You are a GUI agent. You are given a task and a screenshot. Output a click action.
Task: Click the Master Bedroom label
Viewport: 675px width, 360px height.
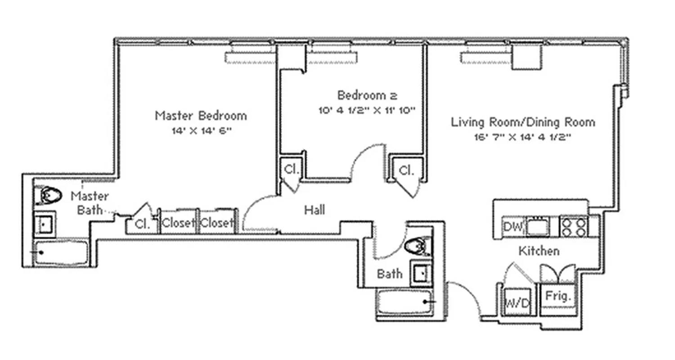point(201,116)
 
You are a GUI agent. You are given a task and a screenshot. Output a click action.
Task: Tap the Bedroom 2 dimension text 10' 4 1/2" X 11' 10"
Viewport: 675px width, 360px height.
point(367,110)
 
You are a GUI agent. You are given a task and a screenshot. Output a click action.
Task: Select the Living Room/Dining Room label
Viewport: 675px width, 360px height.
point(523,122)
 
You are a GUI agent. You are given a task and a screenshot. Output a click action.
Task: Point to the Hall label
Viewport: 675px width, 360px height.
point(315,210)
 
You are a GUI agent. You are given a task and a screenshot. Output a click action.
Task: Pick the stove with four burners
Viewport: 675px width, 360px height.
point(573,226)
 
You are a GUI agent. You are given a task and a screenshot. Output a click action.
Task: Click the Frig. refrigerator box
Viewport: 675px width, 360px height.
point(558,296)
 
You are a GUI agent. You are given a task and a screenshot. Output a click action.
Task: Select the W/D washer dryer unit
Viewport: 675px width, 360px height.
point(517,303)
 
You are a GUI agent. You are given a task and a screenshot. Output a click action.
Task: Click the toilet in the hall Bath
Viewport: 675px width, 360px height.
point(417,246)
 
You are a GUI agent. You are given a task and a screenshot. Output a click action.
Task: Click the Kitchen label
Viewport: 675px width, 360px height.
point(539,251)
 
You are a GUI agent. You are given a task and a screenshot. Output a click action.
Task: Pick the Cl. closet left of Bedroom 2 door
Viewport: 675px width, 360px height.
point(291,169)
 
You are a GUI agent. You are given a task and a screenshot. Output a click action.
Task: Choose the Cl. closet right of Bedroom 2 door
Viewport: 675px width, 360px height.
point(406,170)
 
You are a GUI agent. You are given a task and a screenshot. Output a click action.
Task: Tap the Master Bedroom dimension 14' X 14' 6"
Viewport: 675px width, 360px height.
point(201,131)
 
